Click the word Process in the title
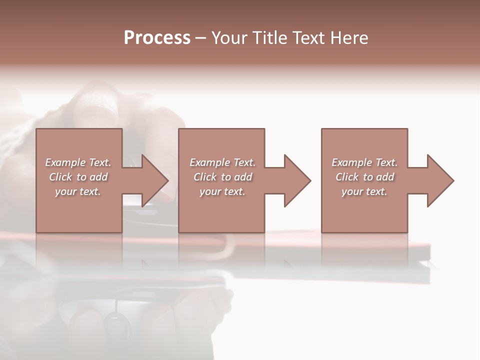[x=157, y=38]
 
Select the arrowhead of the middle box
[x=296, y=180]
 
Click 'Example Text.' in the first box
[x=78, y=162]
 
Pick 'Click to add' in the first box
[x=78, y=177]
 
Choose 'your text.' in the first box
[x=78, y=191]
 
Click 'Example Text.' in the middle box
[x=222, y=162]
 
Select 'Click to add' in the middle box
[x=222, y=177]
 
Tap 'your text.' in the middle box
[x=222, y=191]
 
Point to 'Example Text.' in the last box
[x=364, y=162]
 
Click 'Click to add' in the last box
[x=364, y=177]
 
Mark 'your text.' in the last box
[x=364, y=191]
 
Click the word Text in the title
[x=308, y=38]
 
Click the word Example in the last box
[x=352, y=162]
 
